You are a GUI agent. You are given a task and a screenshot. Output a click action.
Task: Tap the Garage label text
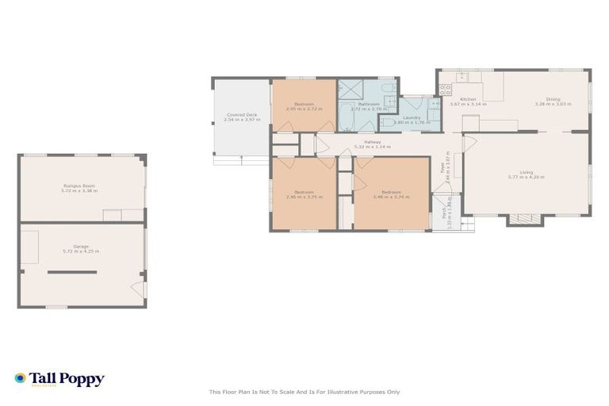(81, 247)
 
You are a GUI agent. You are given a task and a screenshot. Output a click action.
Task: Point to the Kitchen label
(468, 99)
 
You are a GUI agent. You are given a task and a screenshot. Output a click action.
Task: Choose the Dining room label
(553, 99)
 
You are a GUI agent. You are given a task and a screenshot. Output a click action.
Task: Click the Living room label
(526, 172)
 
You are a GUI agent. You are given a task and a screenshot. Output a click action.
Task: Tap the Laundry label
(411, 117)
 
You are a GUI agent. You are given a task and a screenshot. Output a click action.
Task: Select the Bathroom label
(368, 104)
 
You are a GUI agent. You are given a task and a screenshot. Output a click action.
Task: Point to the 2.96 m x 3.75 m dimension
(305, 196)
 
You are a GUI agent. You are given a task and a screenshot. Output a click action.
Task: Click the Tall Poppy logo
(59, 379)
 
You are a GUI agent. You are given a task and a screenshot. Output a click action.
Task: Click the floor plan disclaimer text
(304, 392)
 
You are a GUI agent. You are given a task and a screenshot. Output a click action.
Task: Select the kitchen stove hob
(445, 89)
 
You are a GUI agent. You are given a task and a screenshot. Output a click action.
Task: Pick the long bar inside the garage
(71, 272)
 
